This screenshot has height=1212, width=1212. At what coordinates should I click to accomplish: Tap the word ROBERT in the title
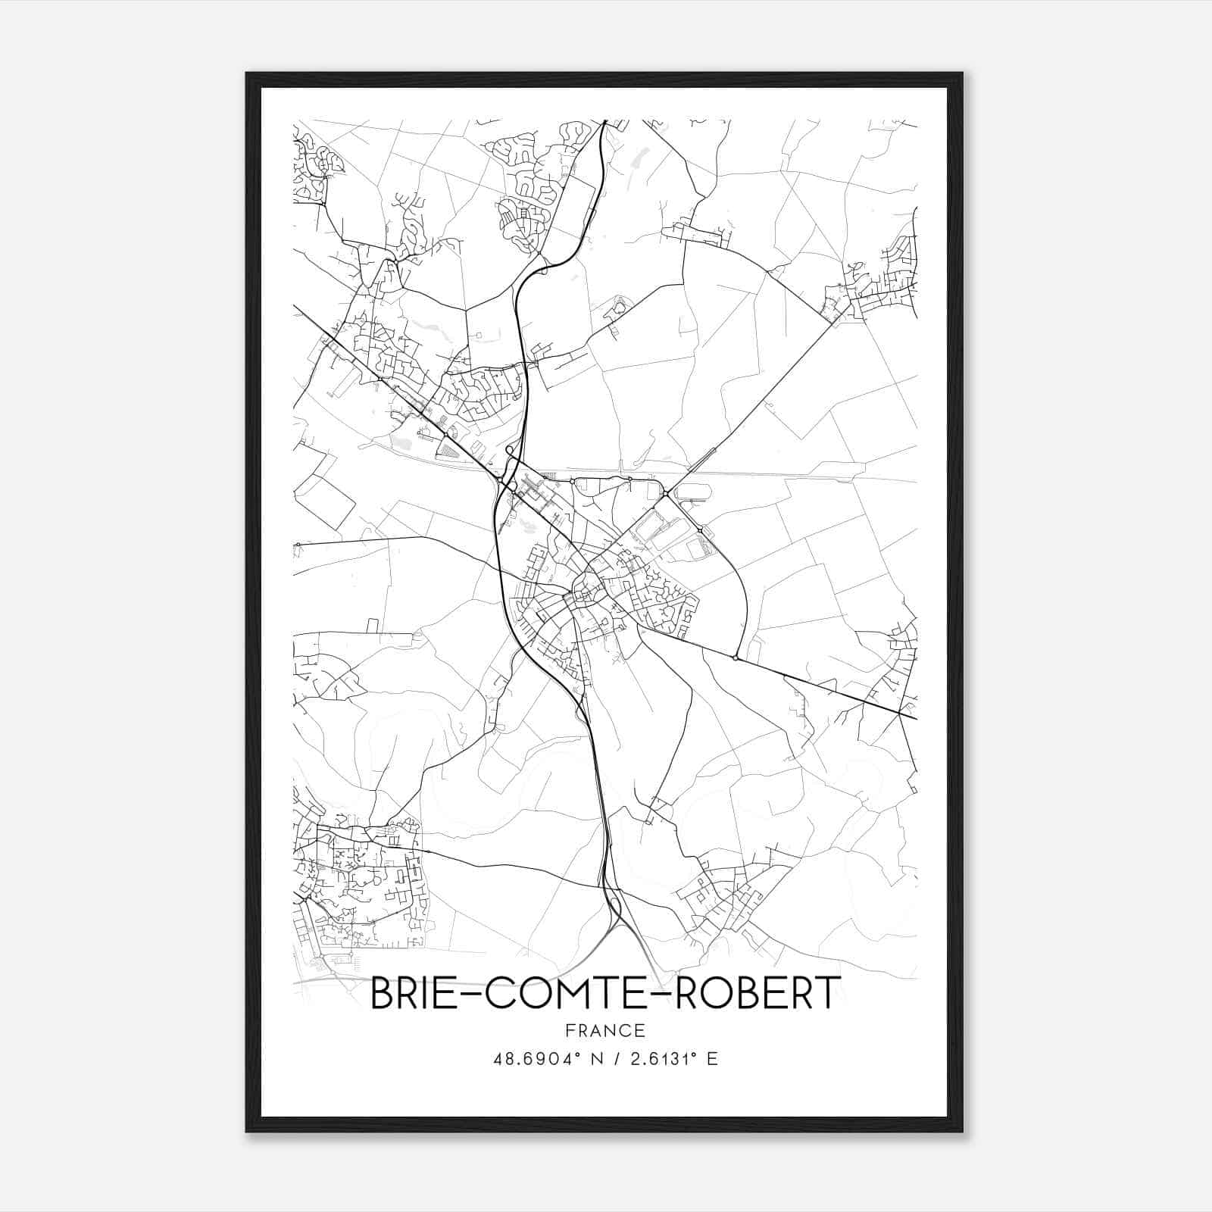[x=757, y=993]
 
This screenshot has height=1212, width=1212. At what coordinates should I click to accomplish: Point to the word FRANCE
[x=605, y=1031]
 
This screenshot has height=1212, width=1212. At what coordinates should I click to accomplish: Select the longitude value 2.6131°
[x=659, y=1059]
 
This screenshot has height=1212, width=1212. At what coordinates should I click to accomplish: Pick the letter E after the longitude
[x=711, y=1059]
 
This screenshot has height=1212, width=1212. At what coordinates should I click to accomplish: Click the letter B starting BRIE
[x=381, y=993]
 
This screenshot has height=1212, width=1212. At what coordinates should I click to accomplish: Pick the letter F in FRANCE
[x=570, y=1031]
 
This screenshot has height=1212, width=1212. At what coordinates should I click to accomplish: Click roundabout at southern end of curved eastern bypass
[x=736, y=658]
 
